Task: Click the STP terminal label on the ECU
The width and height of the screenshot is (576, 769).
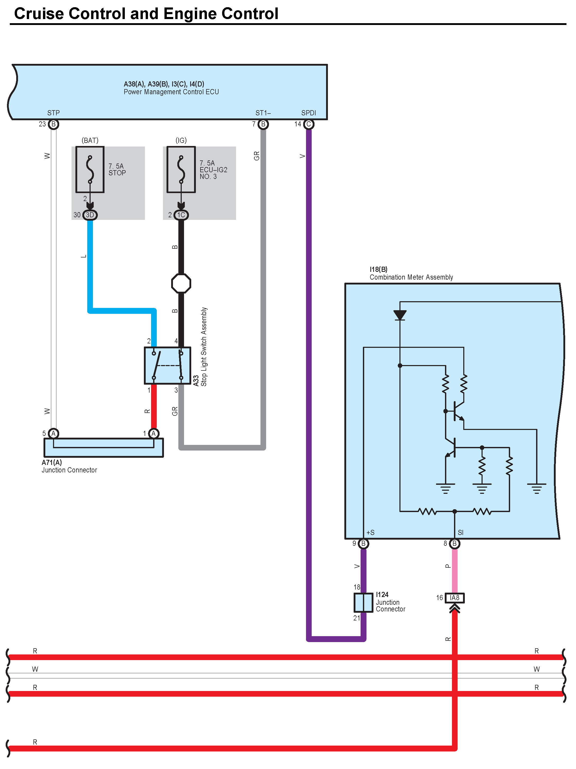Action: click(x=53, y=113)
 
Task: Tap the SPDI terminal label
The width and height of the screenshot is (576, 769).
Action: click(x=308, y=113)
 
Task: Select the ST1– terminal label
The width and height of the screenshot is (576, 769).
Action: click(x=263, y=113)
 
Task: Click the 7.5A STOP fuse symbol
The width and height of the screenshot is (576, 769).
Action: click(x=90, y=169)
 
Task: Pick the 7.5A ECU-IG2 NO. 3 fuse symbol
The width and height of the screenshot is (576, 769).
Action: click(x=181, y=169)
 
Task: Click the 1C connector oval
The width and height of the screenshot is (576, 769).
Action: click(x=181, y=215)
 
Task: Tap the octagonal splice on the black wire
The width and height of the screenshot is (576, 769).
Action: click(x=181, y=283)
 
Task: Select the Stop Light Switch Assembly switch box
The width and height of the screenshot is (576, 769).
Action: click(x=167, y=365)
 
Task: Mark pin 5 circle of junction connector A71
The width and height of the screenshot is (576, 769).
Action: click(x=53, y=434)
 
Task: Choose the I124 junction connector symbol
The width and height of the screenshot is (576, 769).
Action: click(x=363, y=602)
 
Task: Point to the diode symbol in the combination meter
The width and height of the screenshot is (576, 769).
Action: click(x=400, y=315)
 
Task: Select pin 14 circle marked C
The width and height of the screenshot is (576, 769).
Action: click(x=308, y=124)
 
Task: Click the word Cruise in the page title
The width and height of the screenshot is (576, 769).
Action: click(x=39, y=14)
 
